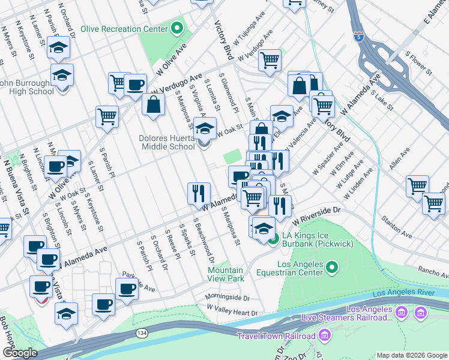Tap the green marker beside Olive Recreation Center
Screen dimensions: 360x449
point(177,28)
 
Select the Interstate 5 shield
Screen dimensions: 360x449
point(358,38)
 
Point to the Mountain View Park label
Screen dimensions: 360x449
point(226,274)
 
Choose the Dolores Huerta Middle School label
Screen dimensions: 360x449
point(166,142)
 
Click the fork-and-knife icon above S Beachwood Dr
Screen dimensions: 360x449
point(199,193)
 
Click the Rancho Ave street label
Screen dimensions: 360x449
point(432,271)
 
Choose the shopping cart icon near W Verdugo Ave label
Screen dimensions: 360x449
point(270,60)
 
